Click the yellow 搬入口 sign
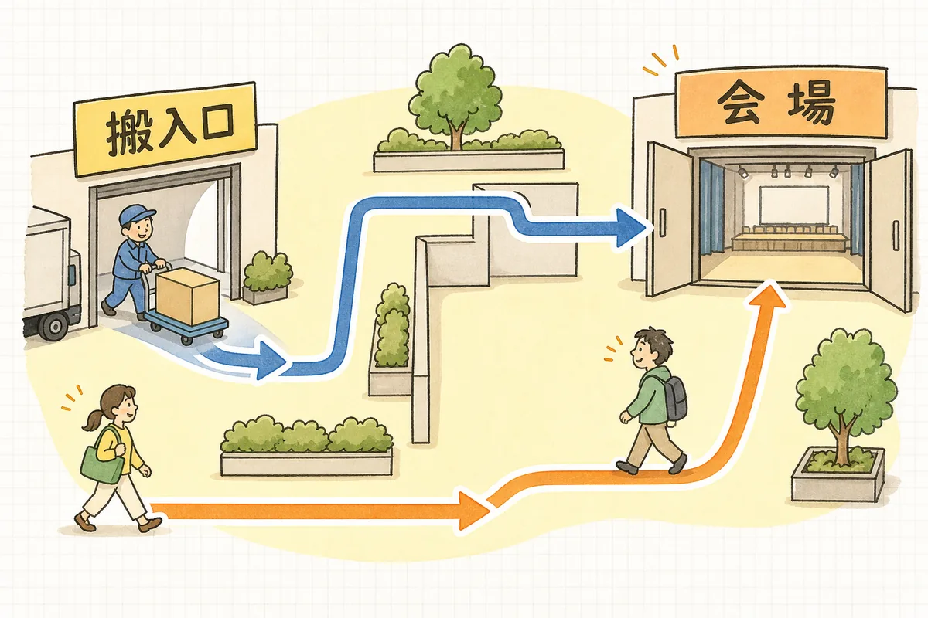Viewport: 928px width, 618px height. point(165,128)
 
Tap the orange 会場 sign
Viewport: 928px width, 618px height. point(780,103)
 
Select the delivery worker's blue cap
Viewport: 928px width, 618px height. point(136,216)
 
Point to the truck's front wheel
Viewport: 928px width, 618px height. point(54,326)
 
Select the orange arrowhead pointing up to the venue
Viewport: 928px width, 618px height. point(768,295)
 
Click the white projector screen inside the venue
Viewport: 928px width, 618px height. point(793,205)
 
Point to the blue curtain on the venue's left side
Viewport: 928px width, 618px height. point(711,207)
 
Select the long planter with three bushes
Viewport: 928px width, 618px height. point(306,447)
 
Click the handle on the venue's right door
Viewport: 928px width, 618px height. point(896,236)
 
